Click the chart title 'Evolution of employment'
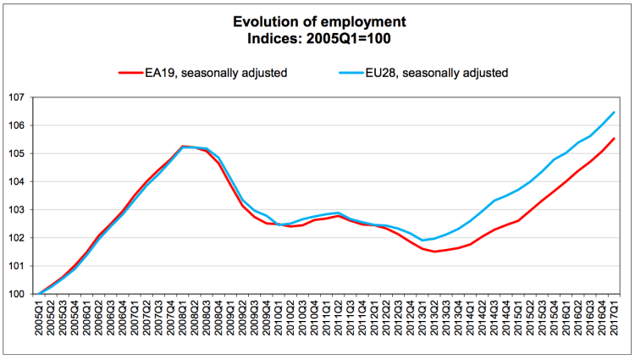(x=317, y=21)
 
